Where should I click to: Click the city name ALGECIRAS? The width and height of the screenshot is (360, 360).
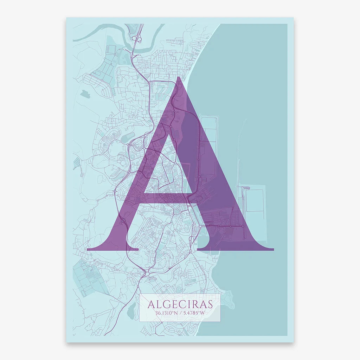[x=180, y=303]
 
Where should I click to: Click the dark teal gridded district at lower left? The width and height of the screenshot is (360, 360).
[x=88, y=278]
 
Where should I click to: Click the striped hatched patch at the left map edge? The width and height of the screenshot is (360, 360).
[x=76, y=163]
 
